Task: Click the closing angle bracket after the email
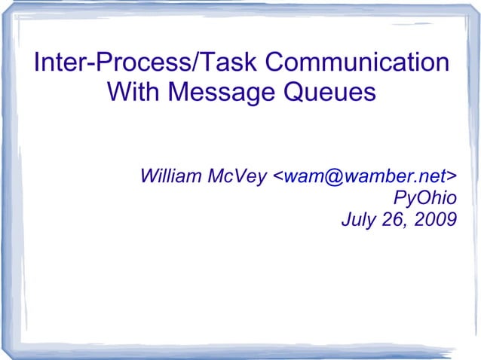point(452,178)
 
